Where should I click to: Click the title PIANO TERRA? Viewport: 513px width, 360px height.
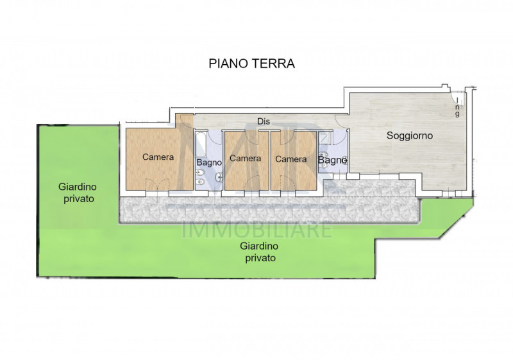251,64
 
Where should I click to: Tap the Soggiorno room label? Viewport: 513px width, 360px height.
410,136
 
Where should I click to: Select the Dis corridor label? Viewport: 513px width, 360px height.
262,121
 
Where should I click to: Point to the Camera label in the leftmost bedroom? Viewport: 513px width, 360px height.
158,157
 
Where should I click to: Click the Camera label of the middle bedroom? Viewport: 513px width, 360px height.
245,159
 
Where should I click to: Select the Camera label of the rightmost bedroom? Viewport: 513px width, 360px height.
290,159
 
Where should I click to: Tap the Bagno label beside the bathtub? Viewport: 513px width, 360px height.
209,163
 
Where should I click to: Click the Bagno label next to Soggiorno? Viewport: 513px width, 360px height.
333,160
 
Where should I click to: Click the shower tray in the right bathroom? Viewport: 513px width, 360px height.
324,138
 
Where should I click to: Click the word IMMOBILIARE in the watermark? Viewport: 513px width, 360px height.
257,229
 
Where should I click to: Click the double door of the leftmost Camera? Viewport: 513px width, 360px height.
154,185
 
